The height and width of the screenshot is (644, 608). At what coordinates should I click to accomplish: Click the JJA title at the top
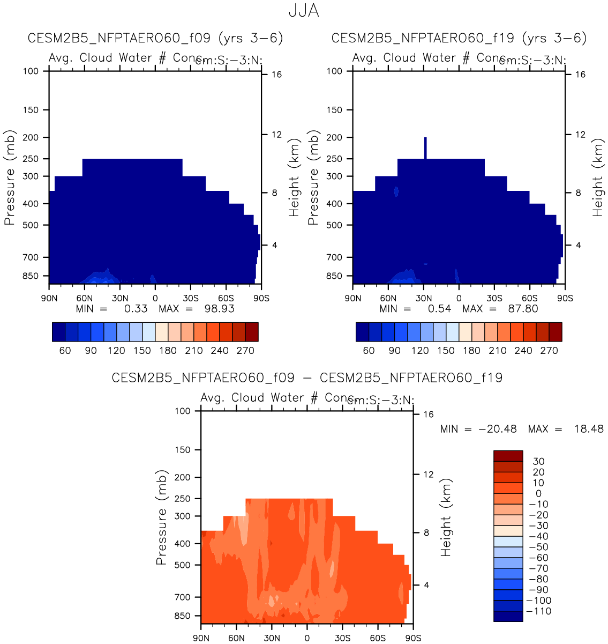click(304, 11)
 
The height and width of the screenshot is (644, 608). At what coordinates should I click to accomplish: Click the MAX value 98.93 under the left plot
click(220, 308)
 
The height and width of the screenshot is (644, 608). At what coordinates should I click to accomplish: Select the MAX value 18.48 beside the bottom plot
click(589, 429)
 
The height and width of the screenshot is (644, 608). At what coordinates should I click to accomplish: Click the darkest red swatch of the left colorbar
click(252, 332)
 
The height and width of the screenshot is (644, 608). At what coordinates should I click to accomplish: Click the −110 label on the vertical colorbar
click(538, 611)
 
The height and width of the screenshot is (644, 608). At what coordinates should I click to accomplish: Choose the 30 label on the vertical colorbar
click(538, 461)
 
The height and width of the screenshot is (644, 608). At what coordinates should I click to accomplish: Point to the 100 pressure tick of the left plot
click(31, 71)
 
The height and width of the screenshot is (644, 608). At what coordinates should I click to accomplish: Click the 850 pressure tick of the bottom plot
click(182, 616)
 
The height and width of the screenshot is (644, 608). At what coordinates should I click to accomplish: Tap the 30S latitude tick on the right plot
click(494, 298)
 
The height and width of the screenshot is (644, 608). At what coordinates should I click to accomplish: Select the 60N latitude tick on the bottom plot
click(236, 638)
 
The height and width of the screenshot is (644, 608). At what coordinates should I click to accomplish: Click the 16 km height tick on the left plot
click(276, 75)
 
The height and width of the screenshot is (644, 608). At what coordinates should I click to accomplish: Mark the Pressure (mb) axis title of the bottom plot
click(161, 517)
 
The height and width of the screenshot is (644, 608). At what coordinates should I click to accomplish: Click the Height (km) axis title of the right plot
click(597, 177)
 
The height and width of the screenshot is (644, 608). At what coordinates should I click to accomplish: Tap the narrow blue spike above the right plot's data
click(425, 147)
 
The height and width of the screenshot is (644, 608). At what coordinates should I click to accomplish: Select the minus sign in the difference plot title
click(307, 378)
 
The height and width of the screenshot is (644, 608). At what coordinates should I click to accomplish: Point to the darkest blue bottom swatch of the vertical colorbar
click(508, 616)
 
